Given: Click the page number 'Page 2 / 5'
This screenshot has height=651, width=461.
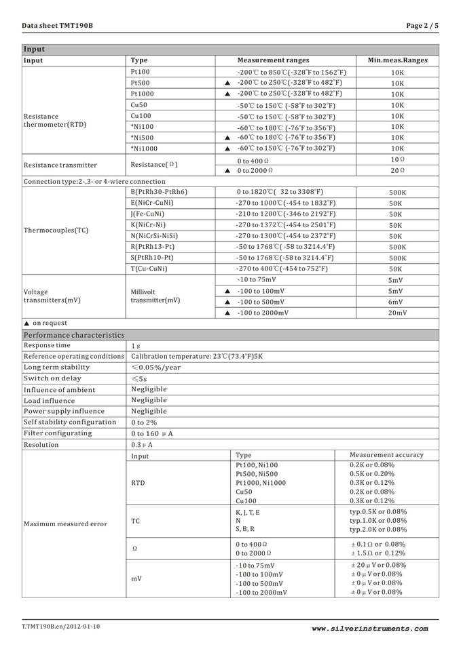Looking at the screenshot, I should click(422, 26).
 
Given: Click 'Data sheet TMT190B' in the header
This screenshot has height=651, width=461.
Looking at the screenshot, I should click(57, 26).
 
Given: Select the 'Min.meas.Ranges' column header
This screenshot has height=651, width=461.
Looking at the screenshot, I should click(397, 60).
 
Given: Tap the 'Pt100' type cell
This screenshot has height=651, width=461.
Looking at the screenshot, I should click(141, 72).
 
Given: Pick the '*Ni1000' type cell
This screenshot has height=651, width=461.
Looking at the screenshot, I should click(144, 149).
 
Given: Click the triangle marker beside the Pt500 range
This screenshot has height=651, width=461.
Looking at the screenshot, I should click(227, 83).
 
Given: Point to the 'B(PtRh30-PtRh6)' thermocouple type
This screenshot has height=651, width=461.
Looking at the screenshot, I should click(159, 192).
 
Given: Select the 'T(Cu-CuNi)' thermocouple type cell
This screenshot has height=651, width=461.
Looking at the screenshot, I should click(149, 269).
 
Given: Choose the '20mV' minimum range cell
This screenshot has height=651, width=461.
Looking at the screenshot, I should click(397, 313).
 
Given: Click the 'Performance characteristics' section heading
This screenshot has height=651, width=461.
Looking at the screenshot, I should click(74, 335).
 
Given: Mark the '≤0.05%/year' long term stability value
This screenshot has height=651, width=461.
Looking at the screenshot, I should click(155, 368).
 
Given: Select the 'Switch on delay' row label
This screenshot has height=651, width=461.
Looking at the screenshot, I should click(52, 378).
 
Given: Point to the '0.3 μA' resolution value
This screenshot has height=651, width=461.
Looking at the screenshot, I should click(142, 445).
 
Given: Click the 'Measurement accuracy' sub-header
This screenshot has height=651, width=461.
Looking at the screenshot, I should click(386, 455).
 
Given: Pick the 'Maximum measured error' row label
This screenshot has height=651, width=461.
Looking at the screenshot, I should click(65, 524).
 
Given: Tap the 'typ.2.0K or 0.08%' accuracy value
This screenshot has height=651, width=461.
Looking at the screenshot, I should click(378, 530).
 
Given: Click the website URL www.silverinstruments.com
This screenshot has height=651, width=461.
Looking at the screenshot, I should click(370, 629).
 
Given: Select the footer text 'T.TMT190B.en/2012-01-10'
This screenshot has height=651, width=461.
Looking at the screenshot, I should click(61, 627).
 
